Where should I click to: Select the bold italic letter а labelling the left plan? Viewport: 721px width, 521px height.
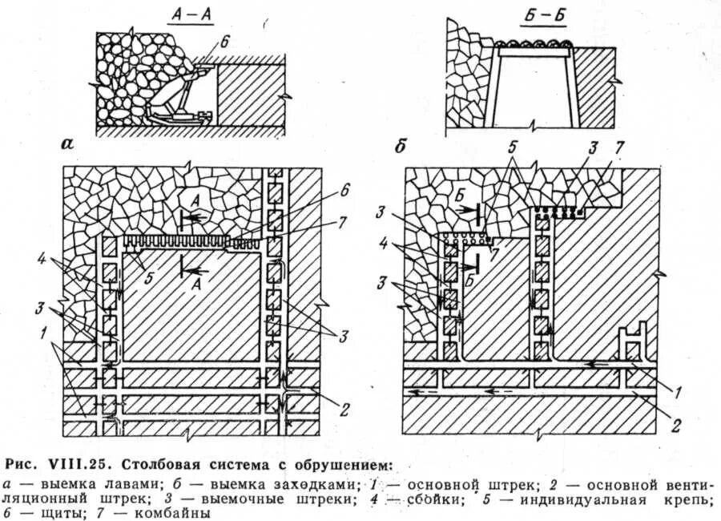pyautogui.click(x=67, y=145)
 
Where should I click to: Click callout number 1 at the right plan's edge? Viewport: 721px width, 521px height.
pyautogui.click(x=677, y=392)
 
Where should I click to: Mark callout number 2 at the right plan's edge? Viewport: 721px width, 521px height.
pyautogui.click(x=677, y=425)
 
